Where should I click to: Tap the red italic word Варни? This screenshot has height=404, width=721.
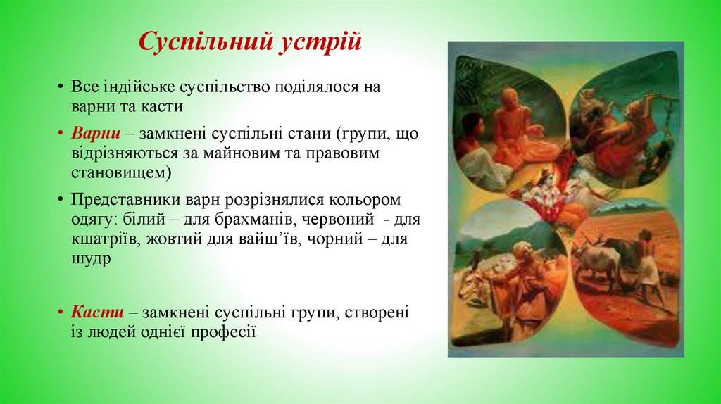(92, 134)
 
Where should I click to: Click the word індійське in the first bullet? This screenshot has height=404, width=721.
(137, 88)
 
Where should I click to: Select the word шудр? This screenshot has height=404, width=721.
(91, 258)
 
